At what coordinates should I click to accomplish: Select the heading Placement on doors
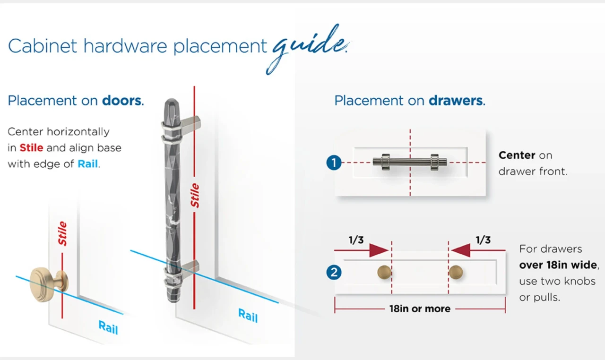[x=76, y=101]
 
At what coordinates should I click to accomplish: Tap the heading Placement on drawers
[x=409, y=101]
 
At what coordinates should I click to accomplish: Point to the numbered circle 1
[x=334, y=163]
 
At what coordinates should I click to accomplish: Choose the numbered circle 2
[x=334, y=273]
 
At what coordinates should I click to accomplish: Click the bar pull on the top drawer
[x=410, y=162]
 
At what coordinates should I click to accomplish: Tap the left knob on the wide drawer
[x=384, y=273]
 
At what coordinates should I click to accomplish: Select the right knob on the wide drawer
[x=456, y=273]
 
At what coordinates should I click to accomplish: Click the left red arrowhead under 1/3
[x=378, y=250]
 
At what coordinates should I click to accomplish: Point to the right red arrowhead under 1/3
[x=461, y=250]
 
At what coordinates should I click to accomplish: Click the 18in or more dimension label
[x=420, y=309]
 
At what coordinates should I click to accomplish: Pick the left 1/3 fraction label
[x=356, y=240]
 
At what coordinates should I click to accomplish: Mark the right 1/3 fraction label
[x=483, y=240]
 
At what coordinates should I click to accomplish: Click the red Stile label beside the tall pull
[x=195, y=196]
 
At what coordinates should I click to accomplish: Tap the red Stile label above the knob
[x=62, y=234]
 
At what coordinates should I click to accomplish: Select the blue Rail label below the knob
[x=108, y=327]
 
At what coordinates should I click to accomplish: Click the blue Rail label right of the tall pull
[x=248, y=315]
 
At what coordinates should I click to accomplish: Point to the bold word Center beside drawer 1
[x=517, y=155]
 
